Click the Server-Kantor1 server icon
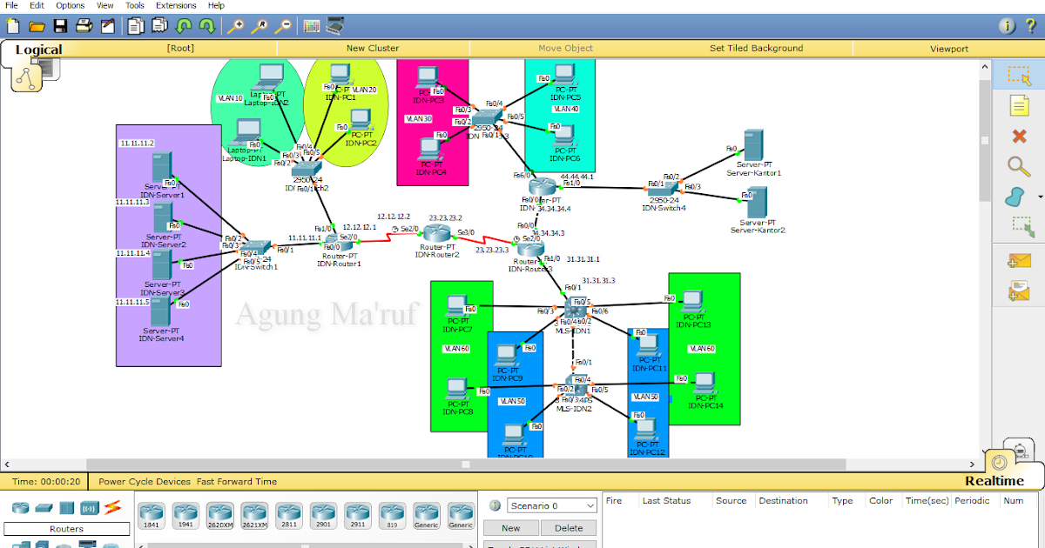coord(752,145)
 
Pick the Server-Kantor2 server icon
coord(754,203)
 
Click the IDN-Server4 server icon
coord(161,312)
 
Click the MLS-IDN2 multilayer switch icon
coord(576,384)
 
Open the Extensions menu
coord(176,5)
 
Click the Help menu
coord(216,5)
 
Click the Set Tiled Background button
coord(756,49)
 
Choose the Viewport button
coord(948,49)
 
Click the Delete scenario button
coord(568,528)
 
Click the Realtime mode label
coord(994,481)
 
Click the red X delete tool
coord(1019,136)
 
